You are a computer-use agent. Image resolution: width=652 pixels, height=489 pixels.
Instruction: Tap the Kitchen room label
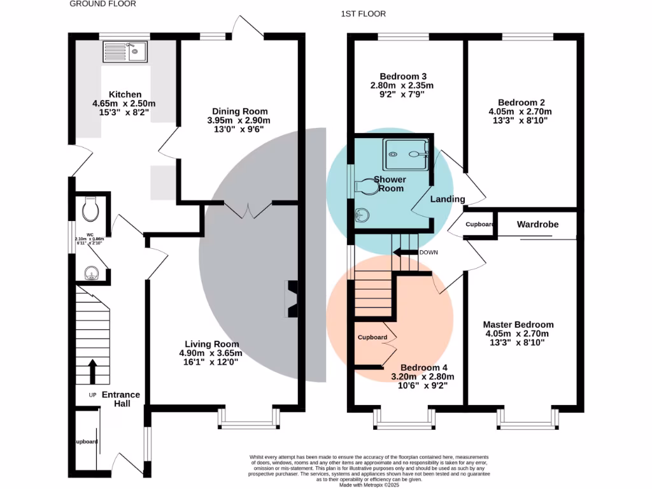point(125,94)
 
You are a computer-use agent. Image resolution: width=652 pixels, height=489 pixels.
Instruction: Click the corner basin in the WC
point(91,273)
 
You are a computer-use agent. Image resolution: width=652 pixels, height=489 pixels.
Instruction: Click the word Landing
point(448,199)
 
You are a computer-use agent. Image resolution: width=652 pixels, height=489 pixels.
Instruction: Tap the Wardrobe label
point(537,224)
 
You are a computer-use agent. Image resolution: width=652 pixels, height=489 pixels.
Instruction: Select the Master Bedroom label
point(518,324)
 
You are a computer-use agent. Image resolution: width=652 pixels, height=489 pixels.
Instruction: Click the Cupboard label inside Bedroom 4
point(372,337)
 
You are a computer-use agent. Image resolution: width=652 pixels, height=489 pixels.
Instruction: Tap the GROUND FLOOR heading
point(103,4)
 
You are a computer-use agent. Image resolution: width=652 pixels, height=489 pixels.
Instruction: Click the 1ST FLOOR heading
point(364,13)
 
